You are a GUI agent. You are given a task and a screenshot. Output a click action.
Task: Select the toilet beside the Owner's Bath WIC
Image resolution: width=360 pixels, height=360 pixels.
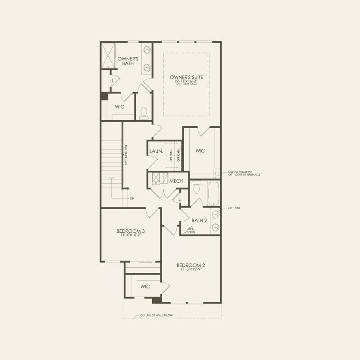tap(144, 112)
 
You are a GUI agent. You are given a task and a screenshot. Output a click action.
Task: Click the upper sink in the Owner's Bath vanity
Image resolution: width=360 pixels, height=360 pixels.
tap(147, 49)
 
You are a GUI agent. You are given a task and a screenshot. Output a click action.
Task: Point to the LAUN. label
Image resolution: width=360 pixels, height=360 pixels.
tap(155, 151)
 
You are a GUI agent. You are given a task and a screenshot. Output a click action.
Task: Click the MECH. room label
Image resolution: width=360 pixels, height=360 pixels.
tap(176, 182)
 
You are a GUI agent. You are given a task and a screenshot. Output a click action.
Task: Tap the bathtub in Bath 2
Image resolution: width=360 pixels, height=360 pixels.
tap(213, 194)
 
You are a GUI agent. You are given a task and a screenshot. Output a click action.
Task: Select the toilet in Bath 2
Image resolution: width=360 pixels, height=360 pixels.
tap(197, 188)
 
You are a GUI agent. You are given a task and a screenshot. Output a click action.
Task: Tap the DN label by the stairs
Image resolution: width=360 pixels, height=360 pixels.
tap(132, 198)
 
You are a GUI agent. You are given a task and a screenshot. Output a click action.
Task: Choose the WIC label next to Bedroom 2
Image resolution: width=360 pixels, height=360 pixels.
tap(145, 287)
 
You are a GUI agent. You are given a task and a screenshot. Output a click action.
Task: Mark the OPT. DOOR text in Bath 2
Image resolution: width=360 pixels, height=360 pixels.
tap(190, 231)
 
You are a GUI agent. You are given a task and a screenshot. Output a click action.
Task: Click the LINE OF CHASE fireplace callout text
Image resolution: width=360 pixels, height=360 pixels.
tap(244, 174)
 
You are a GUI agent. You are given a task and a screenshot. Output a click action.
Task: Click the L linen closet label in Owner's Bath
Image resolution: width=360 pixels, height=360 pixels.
tap(113, 80)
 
